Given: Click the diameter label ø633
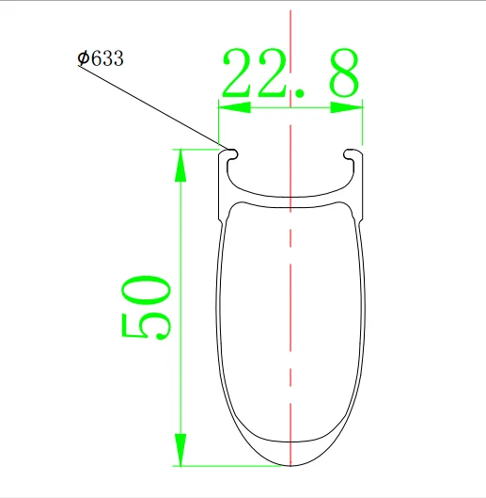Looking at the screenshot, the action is point(101,58).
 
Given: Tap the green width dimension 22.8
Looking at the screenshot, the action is point(290,73).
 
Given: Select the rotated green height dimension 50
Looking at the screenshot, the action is point(146,307).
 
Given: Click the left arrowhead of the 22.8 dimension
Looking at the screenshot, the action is point(234,107).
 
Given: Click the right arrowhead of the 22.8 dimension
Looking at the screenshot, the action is point(347,107).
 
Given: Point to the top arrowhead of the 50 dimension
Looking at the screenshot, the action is point(180,166).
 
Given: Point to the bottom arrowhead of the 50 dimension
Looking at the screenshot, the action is point(180,450).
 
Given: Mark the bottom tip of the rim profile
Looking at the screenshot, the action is point(290,466).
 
